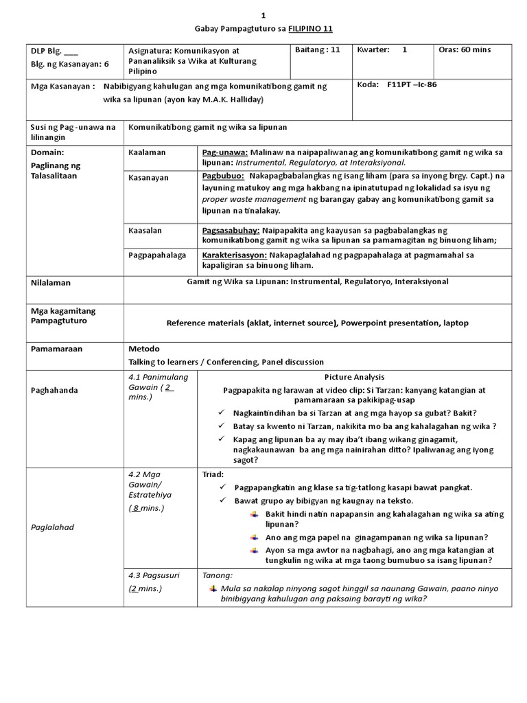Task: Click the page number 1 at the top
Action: (263, 15)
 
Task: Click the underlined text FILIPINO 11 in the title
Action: (309, 27)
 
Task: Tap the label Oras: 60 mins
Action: (465, 49)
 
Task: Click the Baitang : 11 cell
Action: (317, 49)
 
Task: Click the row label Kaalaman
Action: (147, 152)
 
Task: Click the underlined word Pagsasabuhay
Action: (230, 231)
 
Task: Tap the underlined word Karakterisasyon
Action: (235, 255)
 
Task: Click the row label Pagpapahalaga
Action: (156, 255)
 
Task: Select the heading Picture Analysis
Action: (354, 378)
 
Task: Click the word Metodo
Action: (144, 349)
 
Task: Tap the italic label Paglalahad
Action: (53, 527)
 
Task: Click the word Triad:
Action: (213, 474)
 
